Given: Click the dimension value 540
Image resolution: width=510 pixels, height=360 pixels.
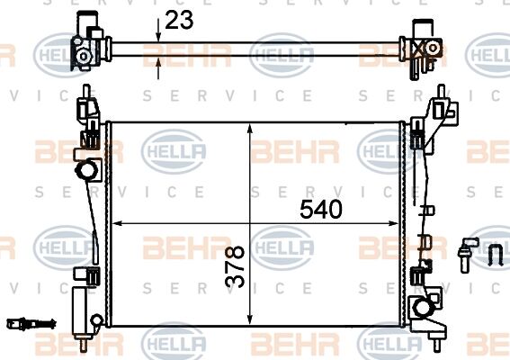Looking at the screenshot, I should [320, 210].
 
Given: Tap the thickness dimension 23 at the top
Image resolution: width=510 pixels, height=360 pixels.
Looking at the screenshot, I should [180, 19].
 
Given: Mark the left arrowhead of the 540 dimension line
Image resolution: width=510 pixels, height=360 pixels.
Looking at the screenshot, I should [114, 223].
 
